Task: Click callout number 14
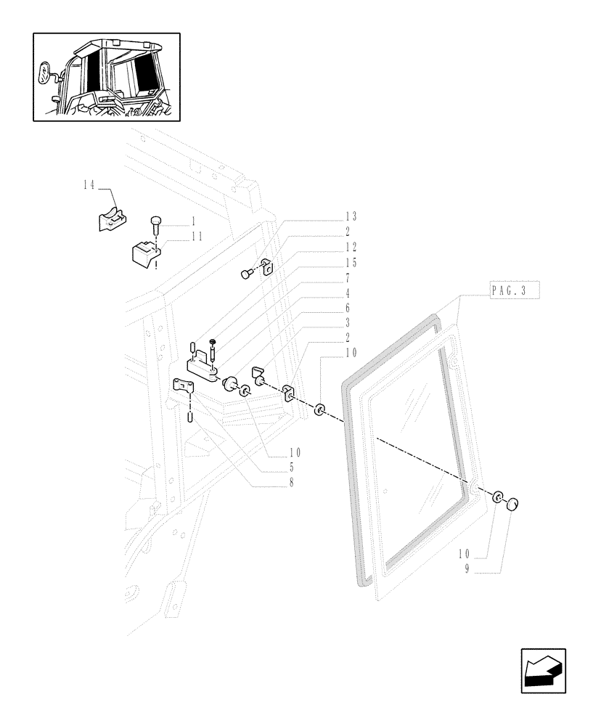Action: tap(89, 186)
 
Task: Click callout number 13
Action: tap(351, 217)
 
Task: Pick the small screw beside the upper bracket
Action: tap(246, 274)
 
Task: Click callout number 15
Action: tap(351, 263)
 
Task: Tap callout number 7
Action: tap(348, 278)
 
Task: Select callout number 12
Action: tap(351, 248)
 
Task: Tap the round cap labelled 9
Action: tap(514, 504)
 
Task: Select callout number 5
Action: tap(290, 468)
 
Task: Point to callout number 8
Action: tap(290, 483)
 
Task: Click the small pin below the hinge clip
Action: tap(189, 417)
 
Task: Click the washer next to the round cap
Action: tap(497, 497)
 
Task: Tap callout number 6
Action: tap(348, 308)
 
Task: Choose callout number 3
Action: tap(348, 323)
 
